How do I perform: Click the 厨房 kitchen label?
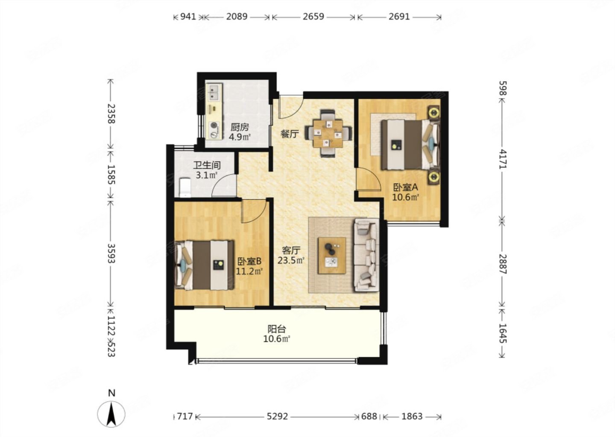[x=240, y=127]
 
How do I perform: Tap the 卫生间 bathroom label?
[x=207, y=165]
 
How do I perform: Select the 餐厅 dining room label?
[x=290, y=134]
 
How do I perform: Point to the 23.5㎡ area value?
[x=291, y=260]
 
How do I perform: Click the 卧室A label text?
[x=406, y=187]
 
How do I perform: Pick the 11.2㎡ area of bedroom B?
[x=249, y=271]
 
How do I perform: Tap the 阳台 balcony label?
[x=277, y=329]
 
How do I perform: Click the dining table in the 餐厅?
[x=328, y=133]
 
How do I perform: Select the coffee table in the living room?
[x=332, y=255]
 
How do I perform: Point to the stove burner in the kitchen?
[x=214, y=129]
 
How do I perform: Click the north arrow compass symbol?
[x=111, y=414]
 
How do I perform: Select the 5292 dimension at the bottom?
[x=277, y=417]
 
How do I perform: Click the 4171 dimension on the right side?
[x=503, y=159]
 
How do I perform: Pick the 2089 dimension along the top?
[x=237, y=17]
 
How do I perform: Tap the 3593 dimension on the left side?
[x=111, y=253]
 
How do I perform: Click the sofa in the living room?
[x=367, y=255]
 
